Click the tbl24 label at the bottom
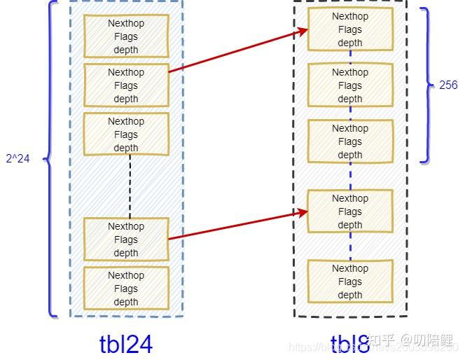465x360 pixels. pos(126,343)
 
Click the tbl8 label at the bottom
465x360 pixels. pos(350,344)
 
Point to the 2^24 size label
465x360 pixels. pos(18,158)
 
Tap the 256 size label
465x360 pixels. pos(448,85)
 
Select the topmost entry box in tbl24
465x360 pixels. pos(126,36)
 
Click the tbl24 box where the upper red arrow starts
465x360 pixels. pos(126,85)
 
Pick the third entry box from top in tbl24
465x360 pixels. pos(126,134)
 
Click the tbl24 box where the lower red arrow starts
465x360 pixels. pos(126,240)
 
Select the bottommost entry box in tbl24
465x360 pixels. pos(126,289)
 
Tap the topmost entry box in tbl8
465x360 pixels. pos(350,29)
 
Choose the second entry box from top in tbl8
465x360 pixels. pos(350,85)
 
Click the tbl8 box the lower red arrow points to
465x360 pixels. pos(350,212)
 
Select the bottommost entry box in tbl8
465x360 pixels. pos(350,282)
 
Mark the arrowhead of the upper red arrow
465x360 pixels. pos(304,30)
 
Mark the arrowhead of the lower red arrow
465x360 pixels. pos(304,212)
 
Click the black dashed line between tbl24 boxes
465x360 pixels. pos(130,186)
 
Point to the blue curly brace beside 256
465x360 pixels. pos(426,85)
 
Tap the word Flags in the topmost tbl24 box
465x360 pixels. pos(126,36)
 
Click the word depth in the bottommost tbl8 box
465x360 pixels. pos(350,295)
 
